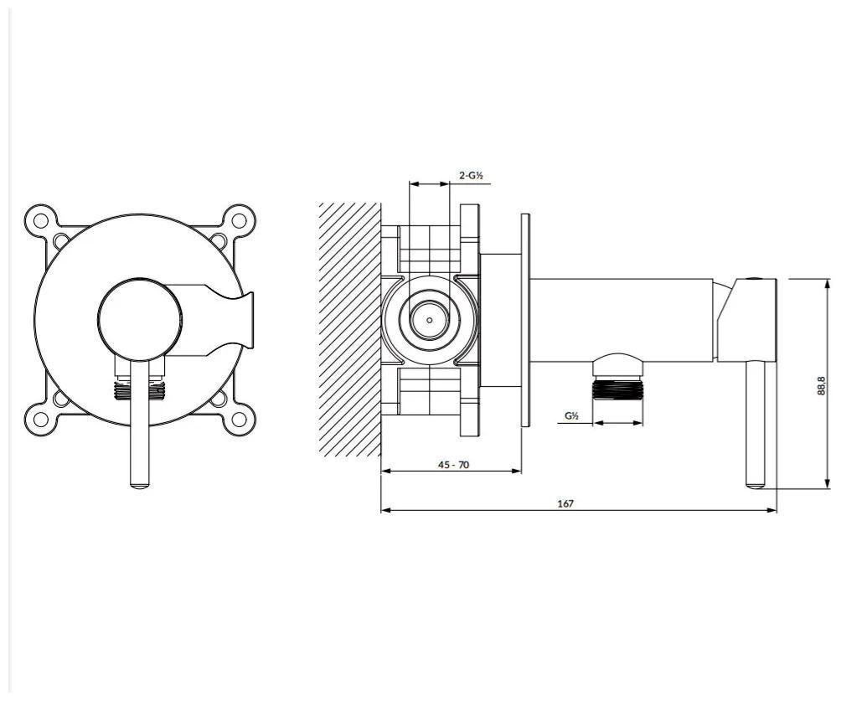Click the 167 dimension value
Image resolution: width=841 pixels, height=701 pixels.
point(565,503)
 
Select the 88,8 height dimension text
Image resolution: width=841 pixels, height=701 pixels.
point(820,385)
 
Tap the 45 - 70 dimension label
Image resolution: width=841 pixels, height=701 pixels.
point(453,465)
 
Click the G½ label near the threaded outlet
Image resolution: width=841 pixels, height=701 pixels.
point(571,415)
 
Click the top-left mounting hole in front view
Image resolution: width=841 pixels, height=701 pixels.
point(41,220)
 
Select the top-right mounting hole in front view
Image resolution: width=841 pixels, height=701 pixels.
point(239,220)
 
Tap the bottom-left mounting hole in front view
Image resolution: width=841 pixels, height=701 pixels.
point(41,418)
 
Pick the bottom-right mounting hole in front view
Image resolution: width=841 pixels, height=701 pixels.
point(239,418)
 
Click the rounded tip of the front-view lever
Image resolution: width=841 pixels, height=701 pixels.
point(140,486)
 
